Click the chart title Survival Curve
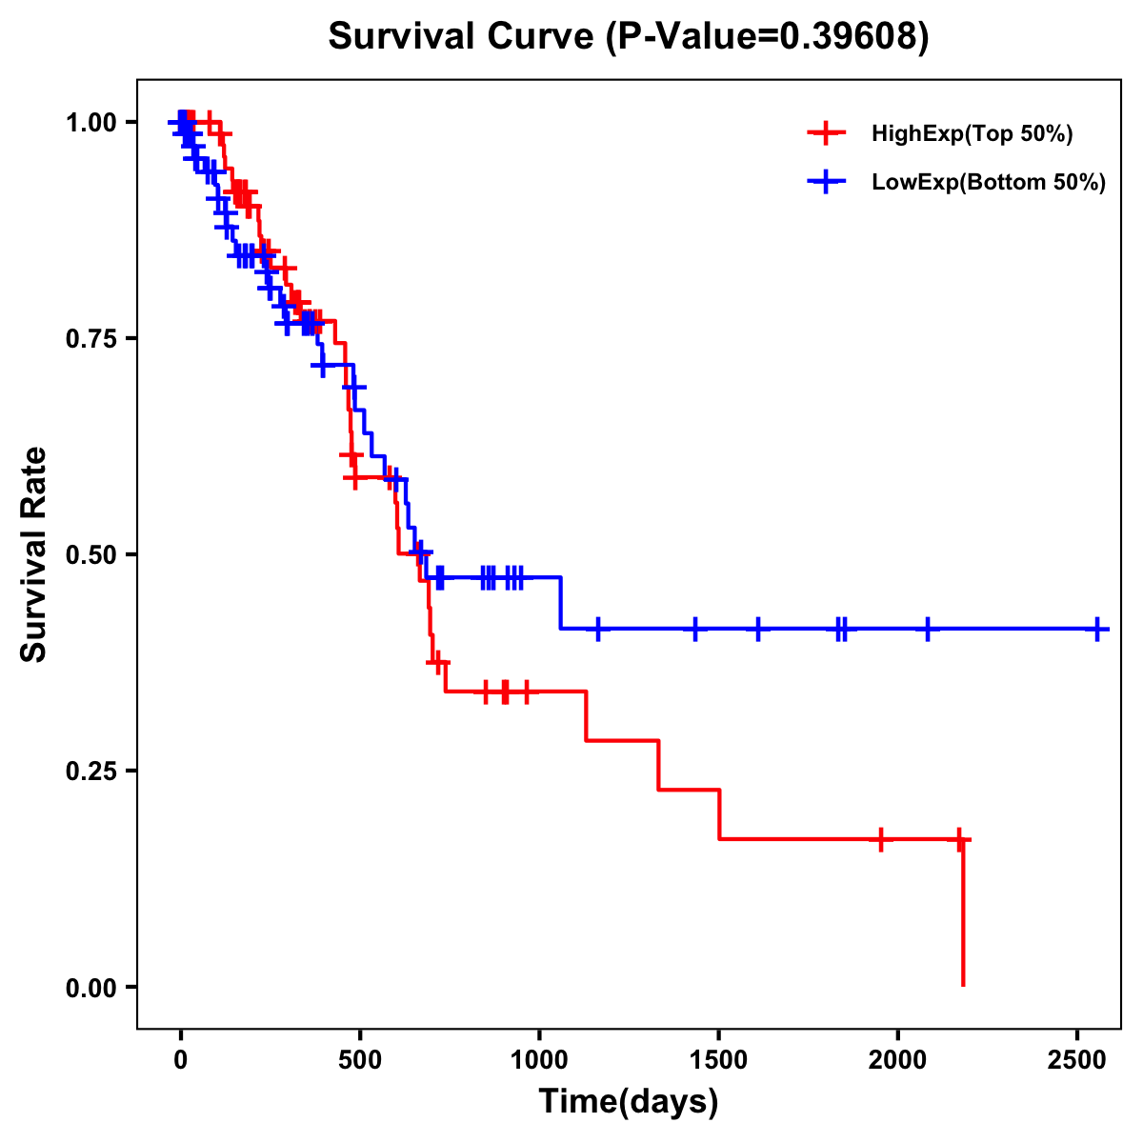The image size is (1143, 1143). click(x=628, y=37)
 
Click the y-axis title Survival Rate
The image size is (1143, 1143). click(x=34, y=554)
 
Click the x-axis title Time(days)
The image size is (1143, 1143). click(x=629, y=1102)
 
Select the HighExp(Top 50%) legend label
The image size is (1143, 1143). click(x=973, y=134)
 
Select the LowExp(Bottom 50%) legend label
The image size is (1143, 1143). click(x=989, y=183)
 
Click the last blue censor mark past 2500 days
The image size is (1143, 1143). click(x=1097, y=630)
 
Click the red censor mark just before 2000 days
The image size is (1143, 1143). click(x=881, y=839)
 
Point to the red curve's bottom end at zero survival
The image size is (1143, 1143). click(x=963, y=985)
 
